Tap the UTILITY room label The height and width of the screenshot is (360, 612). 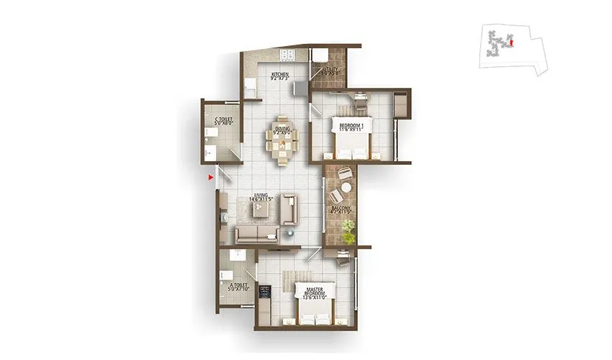coord(330,71)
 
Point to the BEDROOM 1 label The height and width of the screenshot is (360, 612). coord(351,127)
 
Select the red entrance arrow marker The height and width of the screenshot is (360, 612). coord(210,176)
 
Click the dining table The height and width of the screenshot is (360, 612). coord(282,143)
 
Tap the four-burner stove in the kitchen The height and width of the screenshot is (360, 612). coord(288,55)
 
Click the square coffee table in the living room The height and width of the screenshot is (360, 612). coord(260,209)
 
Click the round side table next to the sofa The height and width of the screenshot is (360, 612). coord(290,233)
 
